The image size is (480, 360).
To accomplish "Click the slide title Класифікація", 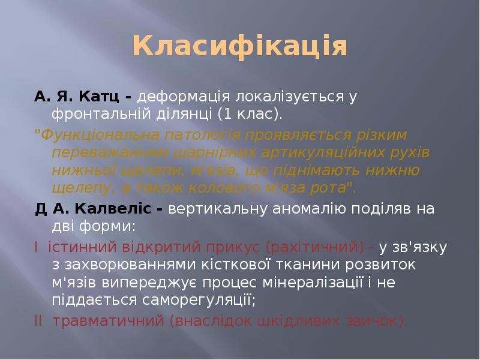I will pyautogui.click(x=240, y=47).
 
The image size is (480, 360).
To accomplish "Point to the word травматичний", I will pyautogui.click(x=108, y=320).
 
